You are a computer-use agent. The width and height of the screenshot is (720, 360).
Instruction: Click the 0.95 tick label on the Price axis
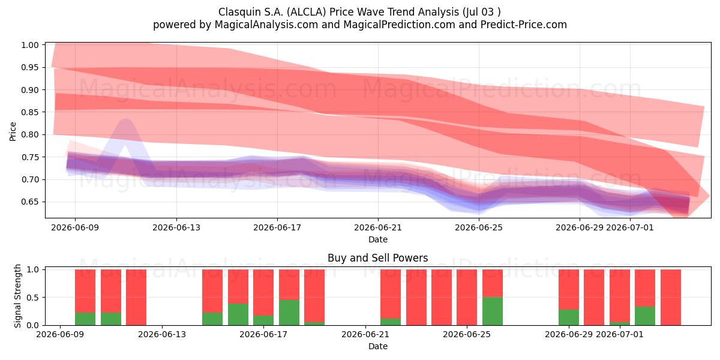(x=29, y=67)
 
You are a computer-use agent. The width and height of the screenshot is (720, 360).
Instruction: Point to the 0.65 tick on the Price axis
(x=29, y=202)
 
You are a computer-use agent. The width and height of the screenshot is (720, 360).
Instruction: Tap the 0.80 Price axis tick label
(x=29, y=134)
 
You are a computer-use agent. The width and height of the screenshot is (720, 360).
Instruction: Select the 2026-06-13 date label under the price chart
(x=176, y=227)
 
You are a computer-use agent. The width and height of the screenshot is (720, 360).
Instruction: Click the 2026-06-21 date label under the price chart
(x=378, y=227)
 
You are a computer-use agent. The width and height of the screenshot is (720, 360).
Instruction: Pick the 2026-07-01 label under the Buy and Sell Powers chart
(x=620, y=334)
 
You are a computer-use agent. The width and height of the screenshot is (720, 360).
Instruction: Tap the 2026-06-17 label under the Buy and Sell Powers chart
(x=263, y=334)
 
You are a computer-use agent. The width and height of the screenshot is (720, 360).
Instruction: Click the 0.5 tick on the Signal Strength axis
(x=33, y=298)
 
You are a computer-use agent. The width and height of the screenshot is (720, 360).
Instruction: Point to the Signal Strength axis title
(x=17, y=296)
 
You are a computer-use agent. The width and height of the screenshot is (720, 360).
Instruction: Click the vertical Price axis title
(x=13, y=131)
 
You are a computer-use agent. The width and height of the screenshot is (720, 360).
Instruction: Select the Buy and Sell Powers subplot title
(x=377, y=258)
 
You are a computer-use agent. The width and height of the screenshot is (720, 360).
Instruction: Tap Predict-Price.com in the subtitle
(x=524, y=25)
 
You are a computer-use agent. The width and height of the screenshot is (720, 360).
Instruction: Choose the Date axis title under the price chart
(x=378, y=239)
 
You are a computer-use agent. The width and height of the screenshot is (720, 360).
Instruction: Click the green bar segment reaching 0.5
(x=493, y=311)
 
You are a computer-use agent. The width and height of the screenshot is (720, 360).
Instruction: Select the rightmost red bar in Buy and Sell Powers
(x=671, y=298)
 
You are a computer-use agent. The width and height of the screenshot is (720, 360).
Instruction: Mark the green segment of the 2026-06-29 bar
(x=569, y=317)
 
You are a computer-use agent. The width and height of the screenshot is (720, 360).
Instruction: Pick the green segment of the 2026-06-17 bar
(x=263, y=320)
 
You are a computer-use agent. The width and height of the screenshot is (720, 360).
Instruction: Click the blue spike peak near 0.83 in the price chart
(x=126, y=119)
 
